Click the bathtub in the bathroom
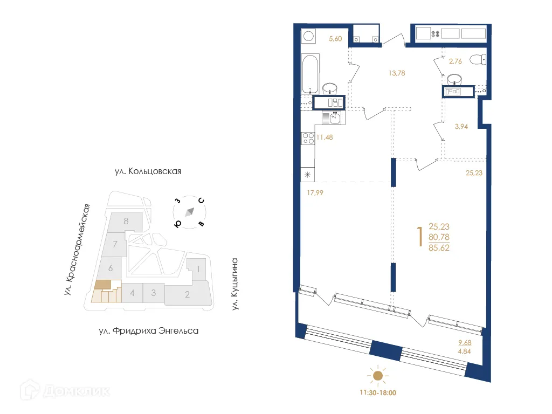309,73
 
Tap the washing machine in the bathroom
309,37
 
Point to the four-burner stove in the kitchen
308,138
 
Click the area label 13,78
397,73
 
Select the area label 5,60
336,38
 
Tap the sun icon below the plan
378,375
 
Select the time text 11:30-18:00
378,393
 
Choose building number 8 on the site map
126,220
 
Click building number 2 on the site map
187,294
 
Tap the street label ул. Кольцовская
148,171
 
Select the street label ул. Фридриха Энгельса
149,330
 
